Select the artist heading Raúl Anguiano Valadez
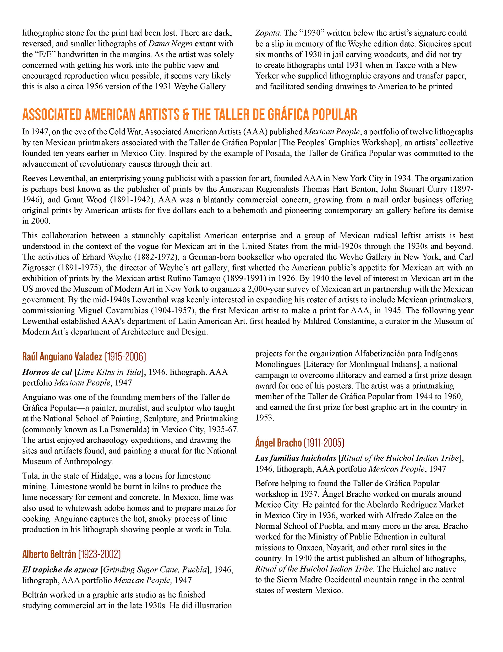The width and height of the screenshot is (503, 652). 62,357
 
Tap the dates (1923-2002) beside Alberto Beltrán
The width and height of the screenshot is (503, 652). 99,554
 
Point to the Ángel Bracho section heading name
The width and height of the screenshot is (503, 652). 278,443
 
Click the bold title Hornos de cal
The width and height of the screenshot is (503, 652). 47,372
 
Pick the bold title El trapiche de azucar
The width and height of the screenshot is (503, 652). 60,570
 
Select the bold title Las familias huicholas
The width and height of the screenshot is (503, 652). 296,458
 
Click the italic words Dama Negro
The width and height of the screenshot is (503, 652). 170,44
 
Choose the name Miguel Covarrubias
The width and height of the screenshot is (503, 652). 113,310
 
